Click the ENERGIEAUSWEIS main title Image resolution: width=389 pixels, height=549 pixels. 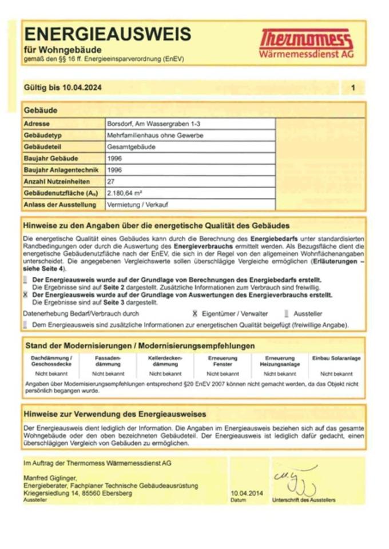[107, 34]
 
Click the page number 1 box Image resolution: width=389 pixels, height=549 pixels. [353, 87]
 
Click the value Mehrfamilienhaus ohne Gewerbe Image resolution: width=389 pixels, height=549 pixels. [155, 136]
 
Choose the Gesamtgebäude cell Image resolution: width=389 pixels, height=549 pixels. [131, 147]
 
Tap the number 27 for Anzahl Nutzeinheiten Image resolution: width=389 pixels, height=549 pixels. [112, 181]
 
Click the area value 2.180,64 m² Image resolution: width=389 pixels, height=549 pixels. [125, 193]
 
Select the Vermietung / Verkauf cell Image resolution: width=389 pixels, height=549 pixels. [134, 204]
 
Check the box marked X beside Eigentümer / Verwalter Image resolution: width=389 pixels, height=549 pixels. [195, 313]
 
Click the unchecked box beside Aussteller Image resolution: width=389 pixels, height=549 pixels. [286, 313]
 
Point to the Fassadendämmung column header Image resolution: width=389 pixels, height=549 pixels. [108, 361]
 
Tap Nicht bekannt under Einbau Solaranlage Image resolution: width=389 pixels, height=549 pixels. [336, 373]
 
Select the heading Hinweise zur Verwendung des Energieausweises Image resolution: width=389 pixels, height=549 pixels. [115, 413]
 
